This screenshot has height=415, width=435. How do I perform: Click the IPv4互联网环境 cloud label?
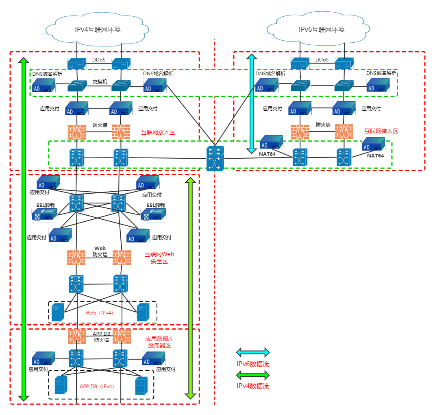(x=98, y=29)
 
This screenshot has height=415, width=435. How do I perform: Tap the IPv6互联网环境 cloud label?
(x=322, y=29)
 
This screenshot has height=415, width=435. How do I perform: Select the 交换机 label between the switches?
(x=100, y=81)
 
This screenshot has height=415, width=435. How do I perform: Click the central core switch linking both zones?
(x=215, y=158)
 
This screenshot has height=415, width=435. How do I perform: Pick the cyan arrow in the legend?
(x=253, y=352)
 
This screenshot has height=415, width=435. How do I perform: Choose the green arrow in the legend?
(x=253, y=375)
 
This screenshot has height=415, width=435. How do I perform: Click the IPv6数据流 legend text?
(x=253, y=364)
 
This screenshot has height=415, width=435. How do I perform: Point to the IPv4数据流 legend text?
(x=253, y=386)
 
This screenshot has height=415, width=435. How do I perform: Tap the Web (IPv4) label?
(x=99, y=313)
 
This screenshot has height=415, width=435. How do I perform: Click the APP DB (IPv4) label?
(x=97, y=386)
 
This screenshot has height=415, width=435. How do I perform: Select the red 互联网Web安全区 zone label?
(x=159, y=258)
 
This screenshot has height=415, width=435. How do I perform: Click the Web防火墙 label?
(x=100, y=251)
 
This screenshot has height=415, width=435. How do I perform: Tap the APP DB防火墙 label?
(x=102, y=337)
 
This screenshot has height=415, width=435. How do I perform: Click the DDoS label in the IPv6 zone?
(x=322, y=60)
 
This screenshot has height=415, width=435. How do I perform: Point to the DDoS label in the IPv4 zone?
(x=99, y=60)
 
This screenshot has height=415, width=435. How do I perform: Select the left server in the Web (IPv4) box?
(x=58, y=312)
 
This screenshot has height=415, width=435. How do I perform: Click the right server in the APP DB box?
(x=141, y=386)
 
